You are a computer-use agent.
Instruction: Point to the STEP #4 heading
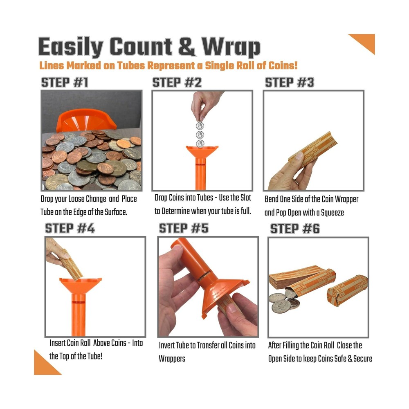click(x=70, y=228)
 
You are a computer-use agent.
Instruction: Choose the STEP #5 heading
click(x=184, y=228)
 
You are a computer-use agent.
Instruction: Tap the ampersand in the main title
click(x=188, y=48)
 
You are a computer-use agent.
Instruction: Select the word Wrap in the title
click(x=231, y=48)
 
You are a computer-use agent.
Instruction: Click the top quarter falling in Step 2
click(x=200, y=126)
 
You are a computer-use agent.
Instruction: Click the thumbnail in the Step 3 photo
click(x=298, y=156)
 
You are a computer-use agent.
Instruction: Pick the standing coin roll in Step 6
click(x=347, y=290)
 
